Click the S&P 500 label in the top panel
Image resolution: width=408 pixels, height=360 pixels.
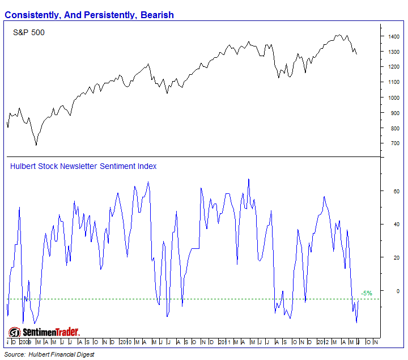pos(28,33)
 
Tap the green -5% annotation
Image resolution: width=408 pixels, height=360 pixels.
pos(366,294)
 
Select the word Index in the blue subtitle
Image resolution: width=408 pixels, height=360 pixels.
pos(147,166)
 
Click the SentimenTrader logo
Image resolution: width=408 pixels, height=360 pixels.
pos(44,332)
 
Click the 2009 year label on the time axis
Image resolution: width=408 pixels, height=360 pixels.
pos(25,343)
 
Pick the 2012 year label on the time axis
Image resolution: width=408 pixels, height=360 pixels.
pos(322,343)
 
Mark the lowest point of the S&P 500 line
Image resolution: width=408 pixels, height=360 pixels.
pos(36,145)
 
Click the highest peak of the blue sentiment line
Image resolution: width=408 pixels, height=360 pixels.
pos(248,179)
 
